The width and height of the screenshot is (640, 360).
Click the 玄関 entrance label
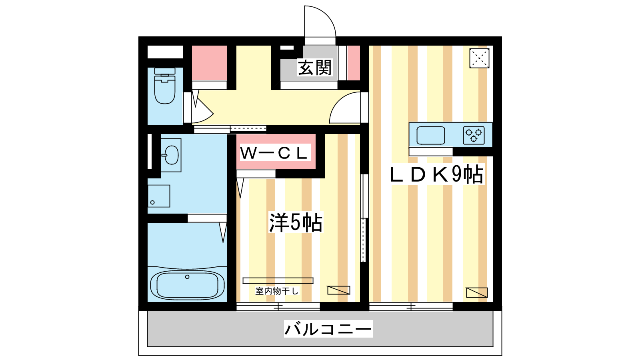click(315, 68)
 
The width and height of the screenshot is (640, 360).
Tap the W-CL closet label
click(275, 153)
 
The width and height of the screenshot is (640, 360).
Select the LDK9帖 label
click(436, 174)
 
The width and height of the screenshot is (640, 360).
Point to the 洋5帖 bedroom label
click(296, 222)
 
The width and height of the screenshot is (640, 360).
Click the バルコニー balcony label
click(328, 329)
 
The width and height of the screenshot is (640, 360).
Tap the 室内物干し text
click(277, 291)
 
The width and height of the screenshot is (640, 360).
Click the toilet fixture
click(164, 86)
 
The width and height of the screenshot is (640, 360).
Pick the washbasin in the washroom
click(171, 155)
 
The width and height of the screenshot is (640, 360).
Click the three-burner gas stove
click(474, 135)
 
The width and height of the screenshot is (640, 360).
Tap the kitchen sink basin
click(430, 135)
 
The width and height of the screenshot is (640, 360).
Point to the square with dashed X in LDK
click(480, 58)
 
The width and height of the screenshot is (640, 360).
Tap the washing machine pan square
click(159, 196)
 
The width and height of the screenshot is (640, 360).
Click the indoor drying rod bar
click(278, 280)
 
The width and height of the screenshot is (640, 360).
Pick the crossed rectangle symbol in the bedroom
click(338, 290)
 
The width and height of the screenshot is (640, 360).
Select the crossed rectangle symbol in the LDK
click(477, 292)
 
